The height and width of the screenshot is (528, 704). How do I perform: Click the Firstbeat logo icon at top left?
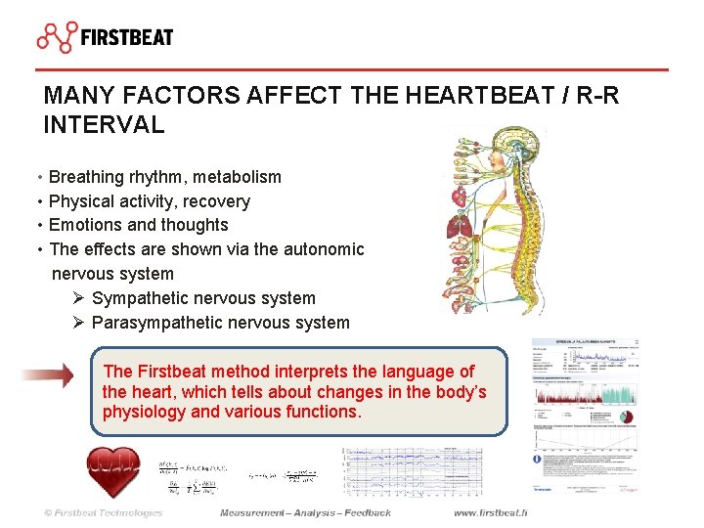pyautogui.click(x=57, y=36)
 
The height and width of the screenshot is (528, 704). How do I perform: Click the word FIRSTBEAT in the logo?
pyautogui.click(x=127, y=38)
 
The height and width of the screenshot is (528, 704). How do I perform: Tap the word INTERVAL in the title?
pyautogui.click(x=104, y=125)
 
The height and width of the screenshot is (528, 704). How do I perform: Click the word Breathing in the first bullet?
pyautogui.click(x=86, y=177)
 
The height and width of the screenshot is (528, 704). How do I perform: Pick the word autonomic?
pyautogui.click(x=324, y=249)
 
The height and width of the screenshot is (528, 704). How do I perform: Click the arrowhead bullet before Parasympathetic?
pyautogui.click(x=78, y=323)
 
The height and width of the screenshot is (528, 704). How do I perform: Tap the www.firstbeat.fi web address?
pyautogui.click(x=490, y=512)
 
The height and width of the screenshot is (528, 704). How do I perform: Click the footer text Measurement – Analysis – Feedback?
pyautogui.click(x=305, y=512)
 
